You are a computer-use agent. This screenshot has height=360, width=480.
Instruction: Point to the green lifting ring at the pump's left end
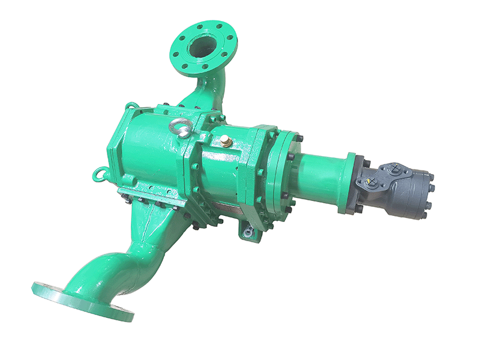[x=99, y=174]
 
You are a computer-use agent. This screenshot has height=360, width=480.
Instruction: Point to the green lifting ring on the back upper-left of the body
[x=131, y=106]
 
